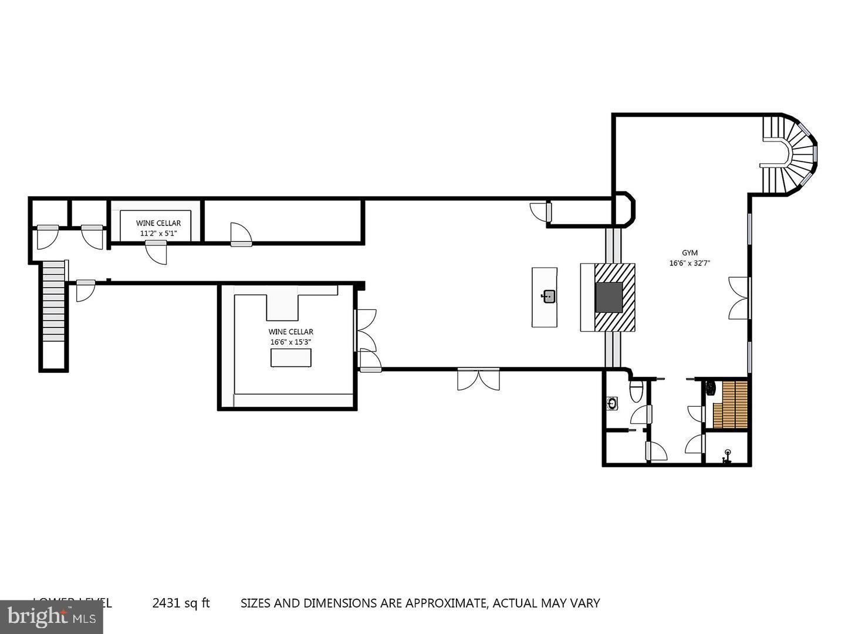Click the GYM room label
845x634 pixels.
(689, 253)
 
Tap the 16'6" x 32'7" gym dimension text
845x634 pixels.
(689, 263)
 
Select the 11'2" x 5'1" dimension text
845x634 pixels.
(158, 233)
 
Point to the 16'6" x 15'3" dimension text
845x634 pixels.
(290, 342)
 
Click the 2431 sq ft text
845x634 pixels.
(181, 603)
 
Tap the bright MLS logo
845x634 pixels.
(52, 616)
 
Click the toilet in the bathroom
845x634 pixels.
(636, 391)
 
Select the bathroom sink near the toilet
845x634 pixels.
(612, 403)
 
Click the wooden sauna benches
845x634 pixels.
(731, 404)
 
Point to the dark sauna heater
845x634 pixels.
(710, 388)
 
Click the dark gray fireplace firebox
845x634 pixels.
(609, 297)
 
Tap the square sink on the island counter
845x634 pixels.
(549, 296)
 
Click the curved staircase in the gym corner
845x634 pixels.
(792, 154)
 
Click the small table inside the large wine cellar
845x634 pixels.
(290, 358)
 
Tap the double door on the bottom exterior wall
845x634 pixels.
(478, 379)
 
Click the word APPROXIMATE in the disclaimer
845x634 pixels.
(444, 603)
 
